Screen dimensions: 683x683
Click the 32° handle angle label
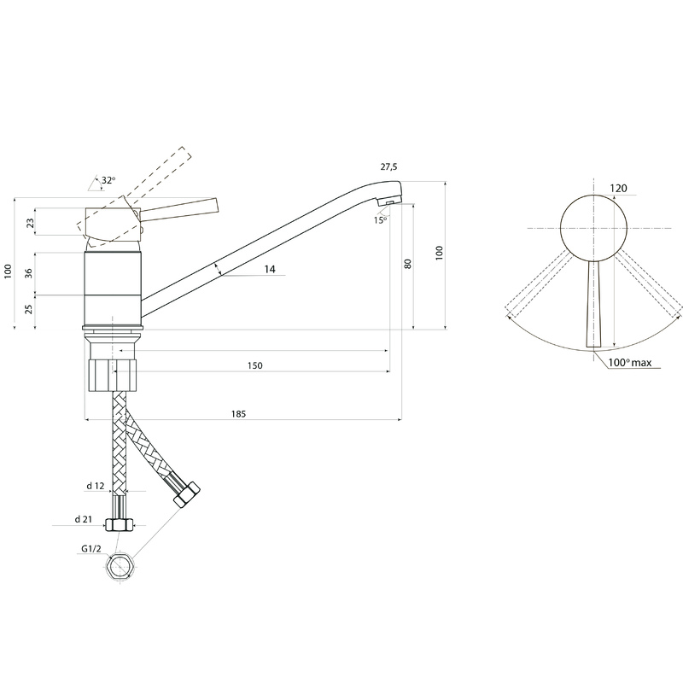pos(109,180)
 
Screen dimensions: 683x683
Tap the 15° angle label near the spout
pos(380,220)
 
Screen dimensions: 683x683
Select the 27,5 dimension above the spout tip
pos(388,166)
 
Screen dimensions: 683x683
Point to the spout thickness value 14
pos(270,269)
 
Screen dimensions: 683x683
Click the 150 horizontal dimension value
pos(254,365)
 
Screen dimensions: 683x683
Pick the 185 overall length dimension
pos(238,414)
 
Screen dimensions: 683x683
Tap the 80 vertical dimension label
pos(408,264)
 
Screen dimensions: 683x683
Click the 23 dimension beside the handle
pos(30,223)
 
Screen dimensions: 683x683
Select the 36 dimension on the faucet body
pos(29,273)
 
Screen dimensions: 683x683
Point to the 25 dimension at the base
pos(29,309)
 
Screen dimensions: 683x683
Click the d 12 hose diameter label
pos(96,486)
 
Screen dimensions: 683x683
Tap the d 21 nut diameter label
pos(84,519)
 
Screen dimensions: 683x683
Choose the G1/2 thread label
pos(91,549)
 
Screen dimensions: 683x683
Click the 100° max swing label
pos(630,362)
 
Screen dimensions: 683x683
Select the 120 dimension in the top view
pos(618,188)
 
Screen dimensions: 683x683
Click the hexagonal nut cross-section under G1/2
pos(120,567)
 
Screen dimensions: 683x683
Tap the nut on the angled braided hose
pos(186,494)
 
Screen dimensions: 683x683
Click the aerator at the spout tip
pos(387,201)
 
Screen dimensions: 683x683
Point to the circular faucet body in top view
pos(593,228)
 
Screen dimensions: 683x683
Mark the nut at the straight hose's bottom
pos(120,525)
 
